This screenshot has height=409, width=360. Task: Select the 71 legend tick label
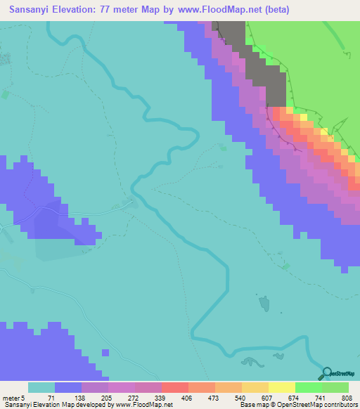coord(51,398)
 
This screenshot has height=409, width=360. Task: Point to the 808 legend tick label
coord(342,398)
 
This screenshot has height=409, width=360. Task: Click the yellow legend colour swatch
coord(281,388)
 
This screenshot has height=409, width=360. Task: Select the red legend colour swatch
coord(174,388)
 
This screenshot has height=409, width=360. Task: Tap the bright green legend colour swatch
coord(308,388)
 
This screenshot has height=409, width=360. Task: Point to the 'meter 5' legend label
coord(13,398)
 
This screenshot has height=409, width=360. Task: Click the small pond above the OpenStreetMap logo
coord(265,303)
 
